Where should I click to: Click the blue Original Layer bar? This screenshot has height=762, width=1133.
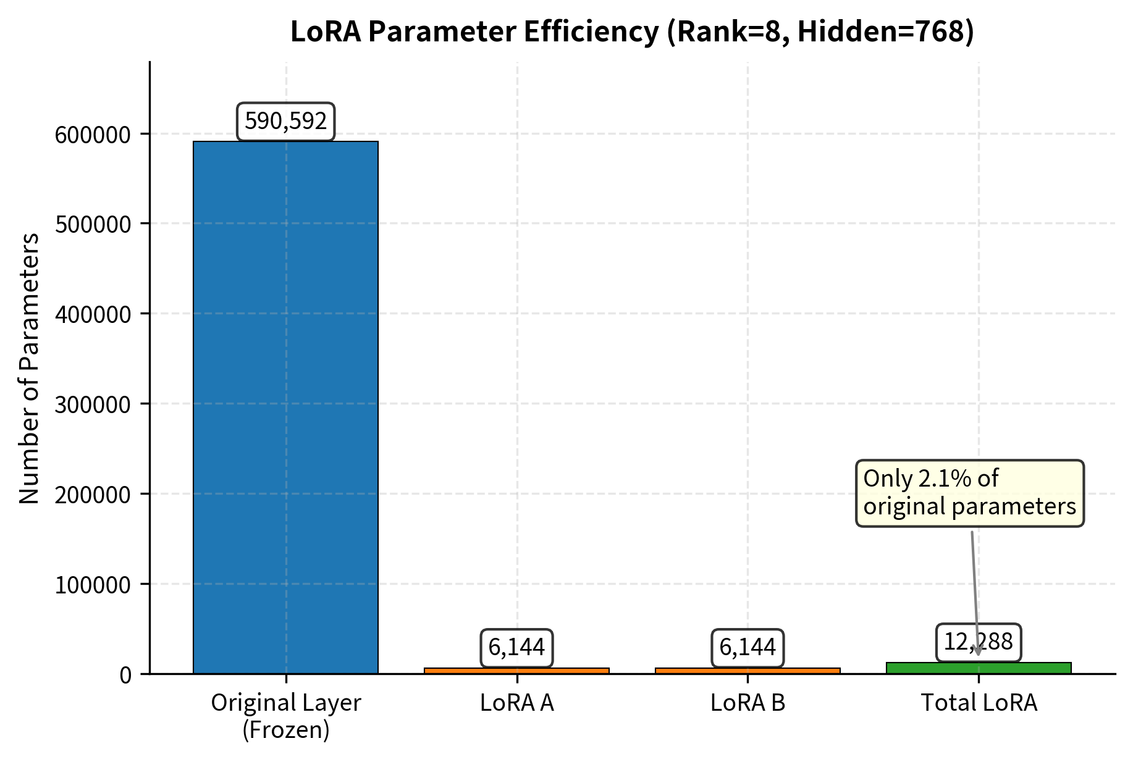[x=285, y=408]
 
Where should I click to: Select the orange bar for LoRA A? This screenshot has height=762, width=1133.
[x=516, y=670]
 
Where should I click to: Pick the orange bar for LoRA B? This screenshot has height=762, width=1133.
[x=748, y=670]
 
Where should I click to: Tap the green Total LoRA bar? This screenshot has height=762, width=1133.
[x=979, y=668]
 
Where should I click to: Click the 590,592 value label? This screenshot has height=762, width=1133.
[x=285, y=121]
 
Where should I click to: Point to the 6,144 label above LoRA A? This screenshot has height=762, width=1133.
[x=516, y=648]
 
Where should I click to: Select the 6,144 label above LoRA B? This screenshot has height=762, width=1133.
[x=748, y=648]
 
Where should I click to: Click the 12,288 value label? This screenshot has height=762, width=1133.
[x=978, y=642]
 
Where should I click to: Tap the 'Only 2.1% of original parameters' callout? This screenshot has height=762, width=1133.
[x=969, y=493]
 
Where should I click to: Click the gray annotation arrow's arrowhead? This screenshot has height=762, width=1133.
[x=977, y=650]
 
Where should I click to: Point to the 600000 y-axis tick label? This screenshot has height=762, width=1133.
[x=93, y=135]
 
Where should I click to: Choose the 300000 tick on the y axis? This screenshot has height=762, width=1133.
[x=93, y=404]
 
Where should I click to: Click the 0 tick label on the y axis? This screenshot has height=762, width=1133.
[x=125, y=675]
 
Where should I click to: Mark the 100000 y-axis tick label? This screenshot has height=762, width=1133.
[x=93, y=585]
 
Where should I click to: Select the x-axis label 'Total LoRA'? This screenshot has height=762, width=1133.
[x=979, y=703]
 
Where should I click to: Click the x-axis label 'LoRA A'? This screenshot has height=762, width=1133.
[x=516, y=703]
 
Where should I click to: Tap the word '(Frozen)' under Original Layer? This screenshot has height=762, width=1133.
[x=285, y=730]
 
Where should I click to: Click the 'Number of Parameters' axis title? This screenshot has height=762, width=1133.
[x=29, y=368]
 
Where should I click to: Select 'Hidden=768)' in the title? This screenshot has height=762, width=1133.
[x=885, y=32]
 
